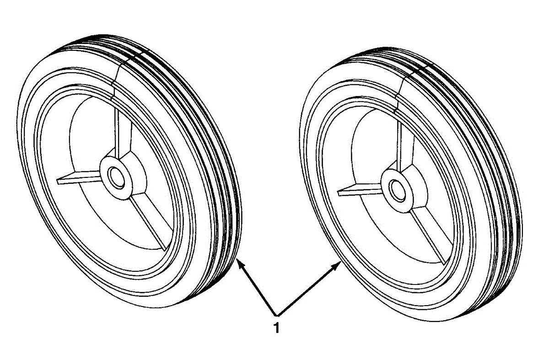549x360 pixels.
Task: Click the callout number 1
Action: coord(276,328)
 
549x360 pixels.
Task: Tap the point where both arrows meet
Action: coord(275,315)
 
